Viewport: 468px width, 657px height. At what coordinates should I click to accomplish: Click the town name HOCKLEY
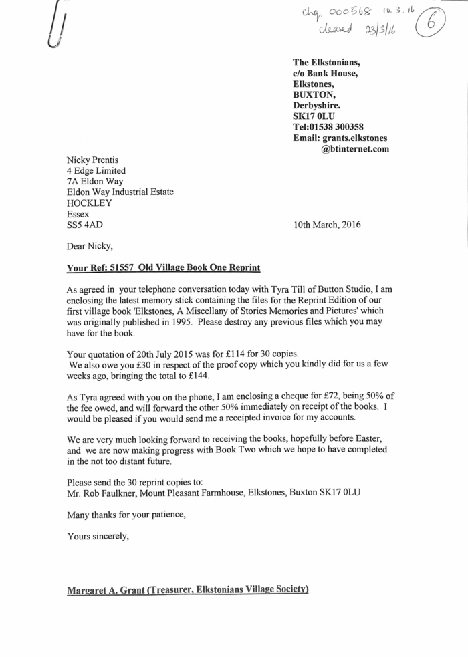coord(90,203)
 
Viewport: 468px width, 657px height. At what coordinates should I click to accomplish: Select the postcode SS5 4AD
coord(85,225)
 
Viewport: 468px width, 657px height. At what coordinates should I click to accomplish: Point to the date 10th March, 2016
coord(327,225)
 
